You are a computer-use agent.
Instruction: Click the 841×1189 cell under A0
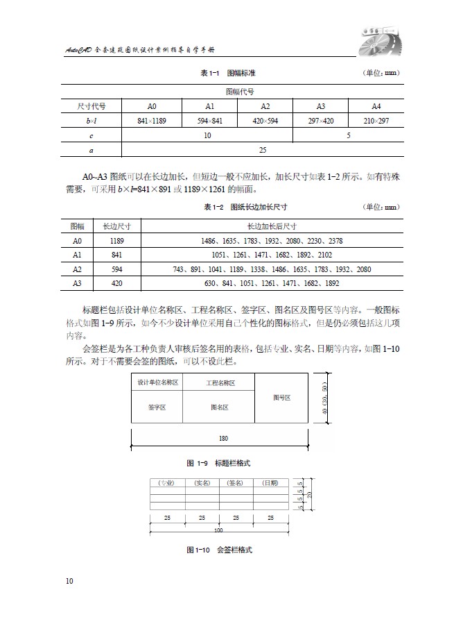pyautogui.click(x=152, y=121)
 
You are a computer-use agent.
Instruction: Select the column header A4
pyautogui.click(x=376, y=106)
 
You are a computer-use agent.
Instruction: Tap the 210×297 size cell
pyautogui.click(x=376, y=121)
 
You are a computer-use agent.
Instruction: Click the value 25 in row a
pyautogui.click(x=263, y=149)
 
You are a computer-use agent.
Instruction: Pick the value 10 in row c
pyautogui.click(x=207, y=135)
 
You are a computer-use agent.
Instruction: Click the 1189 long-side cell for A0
pyautogui.click(x=117, y=241)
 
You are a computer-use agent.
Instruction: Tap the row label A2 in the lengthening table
pyautogui.click(x=77, y=269)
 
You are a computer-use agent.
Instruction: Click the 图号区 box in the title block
pyautogui.click(x=281, y=398)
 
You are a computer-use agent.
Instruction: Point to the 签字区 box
pyautogui.click(x=157, y=407)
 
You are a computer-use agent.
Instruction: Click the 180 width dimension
pyautogui.click(x=222, y=439)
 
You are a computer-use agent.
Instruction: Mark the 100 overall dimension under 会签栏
pyautogui.click(x=218, y=530)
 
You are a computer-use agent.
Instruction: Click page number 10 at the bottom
pyautogui.click(x=69, y=580)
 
